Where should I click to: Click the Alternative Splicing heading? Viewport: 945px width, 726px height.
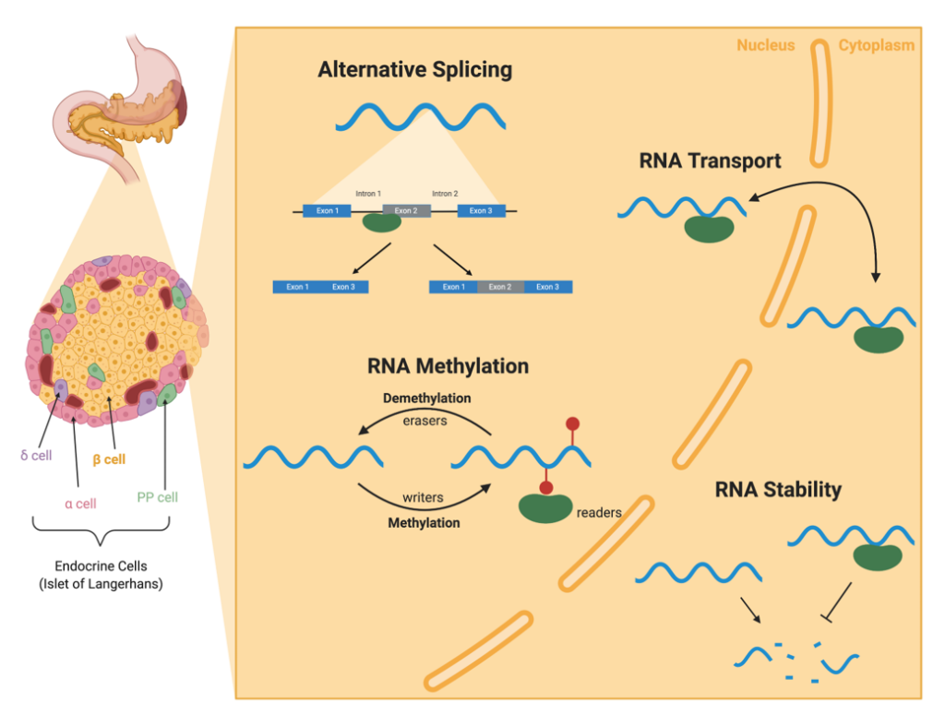coord(414,70)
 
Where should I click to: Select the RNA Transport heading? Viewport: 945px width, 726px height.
coord(710,161)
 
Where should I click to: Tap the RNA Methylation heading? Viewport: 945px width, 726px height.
coord(448,366)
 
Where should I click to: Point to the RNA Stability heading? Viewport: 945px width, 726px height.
coord(778,490)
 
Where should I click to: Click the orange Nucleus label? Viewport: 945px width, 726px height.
coord(765,45)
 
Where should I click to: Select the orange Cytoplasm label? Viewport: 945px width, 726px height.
coord(876,45)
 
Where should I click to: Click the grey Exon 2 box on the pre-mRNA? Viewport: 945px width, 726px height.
coord(407,210)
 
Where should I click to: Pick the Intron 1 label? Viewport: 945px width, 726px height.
coord(368,194)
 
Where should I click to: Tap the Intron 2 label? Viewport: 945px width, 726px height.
coord(445,194)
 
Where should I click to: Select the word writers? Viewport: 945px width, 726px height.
coord(423,497)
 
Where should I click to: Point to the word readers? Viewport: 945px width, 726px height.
coord(598,513)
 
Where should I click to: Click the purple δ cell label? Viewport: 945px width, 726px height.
coord(35,456)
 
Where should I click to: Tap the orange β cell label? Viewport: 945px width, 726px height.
coord(108,458)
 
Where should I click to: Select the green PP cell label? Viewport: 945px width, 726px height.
coord(157,497)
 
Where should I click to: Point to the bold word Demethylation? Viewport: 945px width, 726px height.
coord(426,399)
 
